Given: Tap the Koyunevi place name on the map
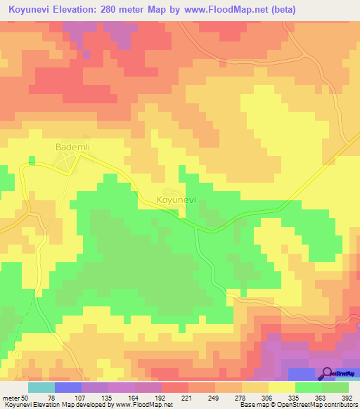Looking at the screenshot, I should (176, 200).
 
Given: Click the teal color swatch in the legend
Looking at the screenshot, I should (41, 388).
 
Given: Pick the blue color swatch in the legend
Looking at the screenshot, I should (67, 388).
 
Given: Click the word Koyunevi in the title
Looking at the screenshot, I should (32, 10).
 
